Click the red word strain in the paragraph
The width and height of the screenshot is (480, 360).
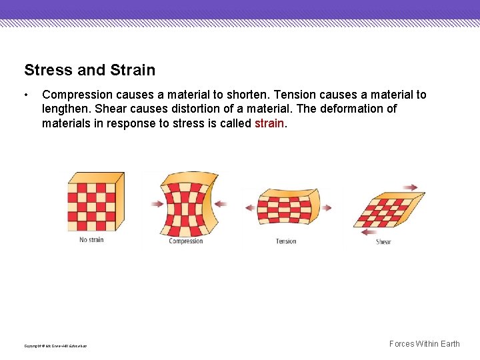tap(269, 123)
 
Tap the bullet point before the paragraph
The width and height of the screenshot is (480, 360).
tap(26, 95)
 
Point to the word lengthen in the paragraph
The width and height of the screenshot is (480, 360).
tap(65, 109)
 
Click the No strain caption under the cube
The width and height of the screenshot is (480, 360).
tap(91, 240)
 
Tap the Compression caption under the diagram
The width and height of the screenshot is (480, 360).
tap(186, 241)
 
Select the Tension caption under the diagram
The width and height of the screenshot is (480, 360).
tap(286, 241)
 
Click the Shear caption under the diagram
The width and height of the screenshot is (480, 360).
tap(383, 242)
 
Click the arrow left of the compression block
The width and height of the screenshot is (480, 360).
tap(156, 204)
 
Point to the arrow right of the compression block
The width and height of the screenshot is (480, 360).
tap(221, 203)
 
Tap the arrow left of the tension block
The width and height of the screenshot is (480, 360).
tap(250, 207)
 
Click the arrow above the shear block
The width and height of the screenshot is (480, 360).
tap(410, 187)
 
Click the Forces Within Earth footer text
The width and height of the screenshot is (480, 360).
tap(424, 344)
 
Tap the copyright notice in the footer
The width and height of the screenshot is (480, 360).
tap(55, 346)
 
